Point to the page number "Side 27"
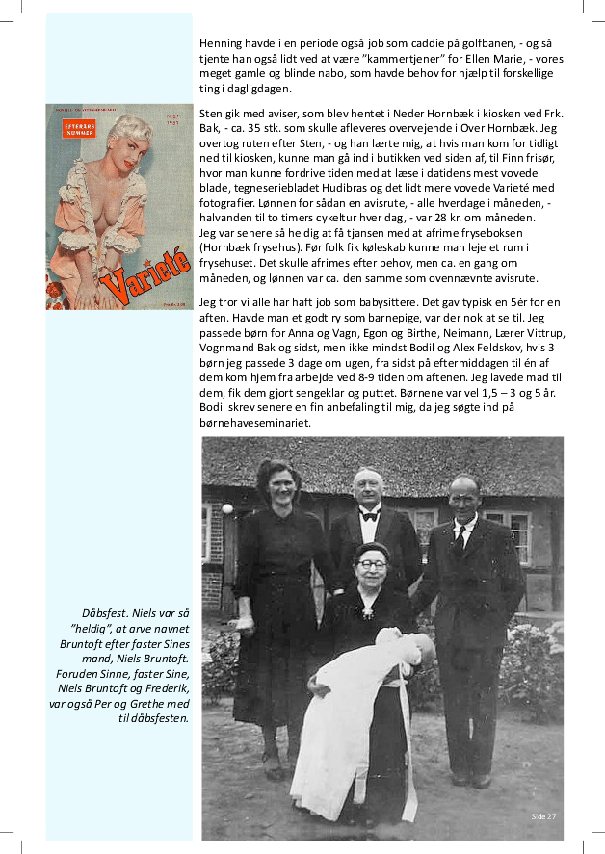coord(543,816)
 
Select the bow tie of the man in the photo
coord(370,515)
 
